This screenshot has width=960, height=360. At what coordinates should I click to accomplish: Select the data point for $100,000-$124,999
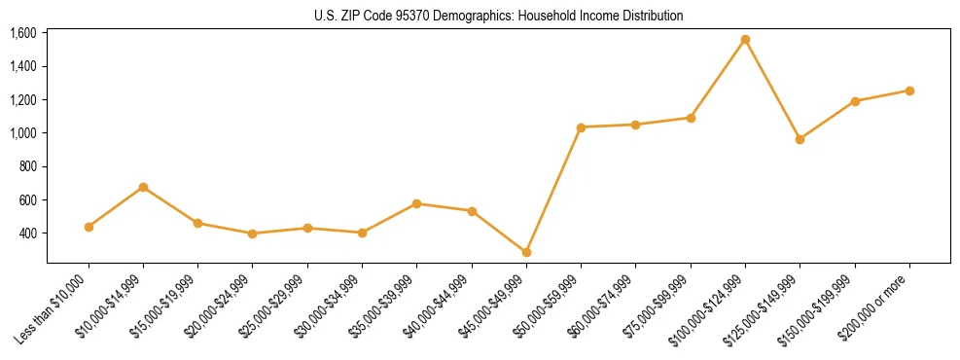(745, 40)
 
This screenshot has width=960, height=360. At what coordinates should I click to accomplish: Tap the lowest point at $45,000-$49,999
(526, 252)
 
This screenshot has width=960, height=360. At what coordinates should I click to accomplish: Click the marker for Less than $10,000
(89, 227)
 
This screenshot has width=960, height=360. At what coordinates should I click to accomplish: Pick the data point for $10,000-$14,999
(143, 187)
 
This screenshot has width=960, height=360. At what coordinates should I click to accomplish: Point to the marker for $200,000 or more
(909, 90)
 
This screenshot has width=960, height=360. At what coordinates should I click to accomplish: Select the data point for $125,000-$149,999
(800, 139)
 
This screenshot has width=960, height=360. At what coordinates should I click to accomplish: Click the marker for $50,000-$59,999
(581, 127)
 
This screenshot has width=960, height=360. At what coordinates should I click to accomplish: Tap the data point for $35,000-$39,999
(416, 203)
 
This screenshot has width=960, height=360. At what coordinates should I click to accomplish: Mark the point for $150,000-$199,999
(855, 101)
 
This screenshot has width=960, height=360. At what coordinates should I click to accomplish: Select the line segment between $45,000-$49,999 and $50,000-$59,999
(553, 190)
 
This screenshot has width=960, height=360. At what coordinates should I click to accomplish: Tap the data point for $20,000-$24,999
(253, 234)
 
